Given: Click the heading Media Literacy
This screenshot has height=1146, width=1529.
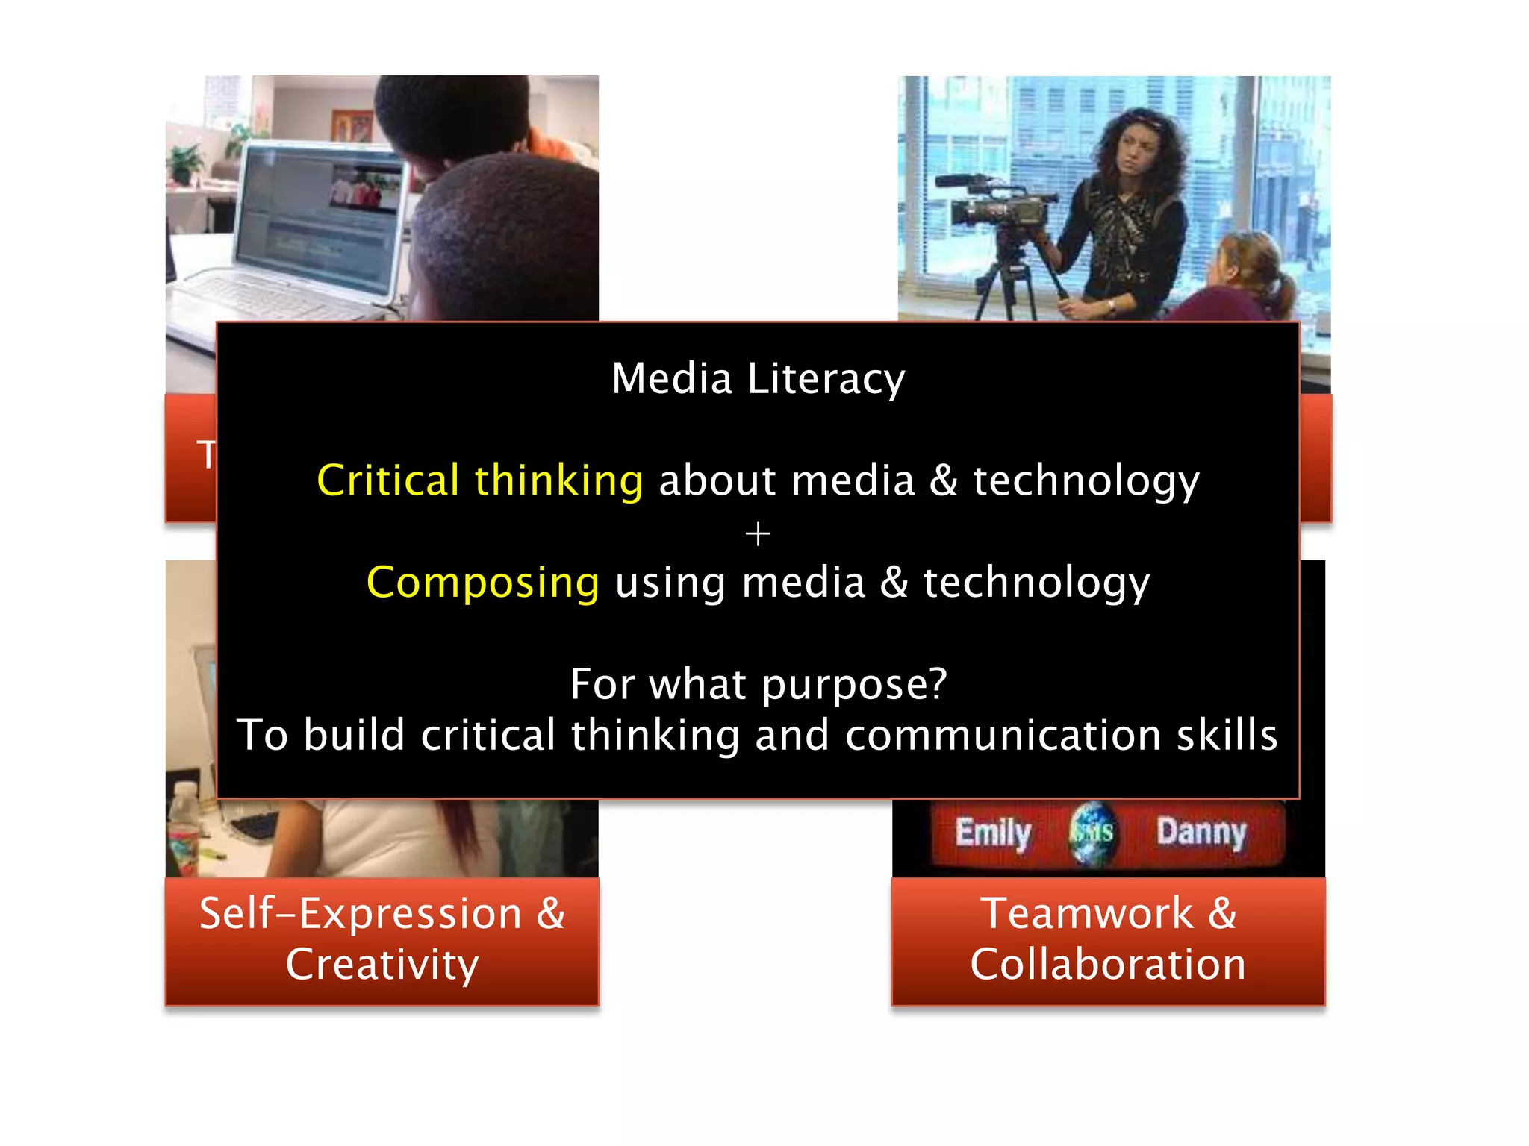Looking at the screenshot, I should coord(758,379).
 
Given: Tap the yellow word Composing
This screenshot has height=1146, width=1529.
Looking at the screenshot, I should coord(482,583).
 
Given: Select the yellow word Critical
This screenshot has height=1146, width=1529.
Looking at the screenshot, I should coord(387,480).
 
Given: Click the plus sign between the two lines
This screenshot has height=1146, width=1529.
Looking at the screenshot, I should coord(758,534).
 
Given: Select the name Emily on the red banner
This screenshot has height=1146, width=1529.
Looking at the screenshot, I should coord(993,833).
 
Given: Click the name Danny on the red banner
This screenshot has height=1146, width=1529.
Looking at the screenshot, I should coord(1201,832).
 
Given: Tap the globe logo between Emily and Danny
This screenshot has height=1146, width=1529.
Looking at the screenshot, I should coord(1092,832).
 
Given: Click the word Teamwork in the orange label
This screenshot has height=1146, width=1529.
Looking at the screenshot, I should coord(1087,913).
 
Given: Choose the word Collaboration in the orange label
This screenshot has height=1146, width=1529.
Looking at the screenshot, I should coord(1108,964).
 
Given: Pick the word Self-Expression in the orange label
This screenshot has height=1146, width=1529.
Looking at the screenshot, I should coord(361,913).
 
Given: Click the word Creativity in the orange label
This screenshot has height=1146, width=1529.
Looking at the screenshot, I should coord(382,964).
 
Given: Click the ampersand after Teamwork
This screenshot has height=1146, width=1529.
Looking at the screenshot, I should coord(1221,913).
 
